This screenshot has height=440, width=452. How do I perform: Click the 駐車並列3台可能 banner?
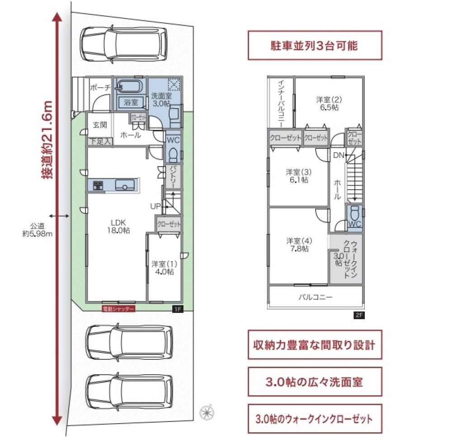click(315, 45)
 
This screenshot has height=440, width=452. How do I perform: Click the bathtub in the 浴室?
click(129, 86)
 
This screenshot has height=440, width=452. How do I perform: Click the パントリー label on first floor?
click(173, 177)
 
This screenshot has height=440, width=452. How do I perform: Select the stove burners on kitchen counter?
click(99, 185)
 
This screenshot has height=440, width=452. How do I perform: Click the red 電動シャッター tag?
click(118, 309)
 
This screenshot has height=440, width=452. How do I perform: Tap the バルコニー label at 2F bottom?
click(315, 297)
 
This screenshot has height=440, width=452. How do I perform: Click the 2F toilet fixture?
click(355, 213)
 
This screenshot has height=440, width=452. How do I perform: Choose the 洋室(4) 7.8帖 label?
click(297, 244)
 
